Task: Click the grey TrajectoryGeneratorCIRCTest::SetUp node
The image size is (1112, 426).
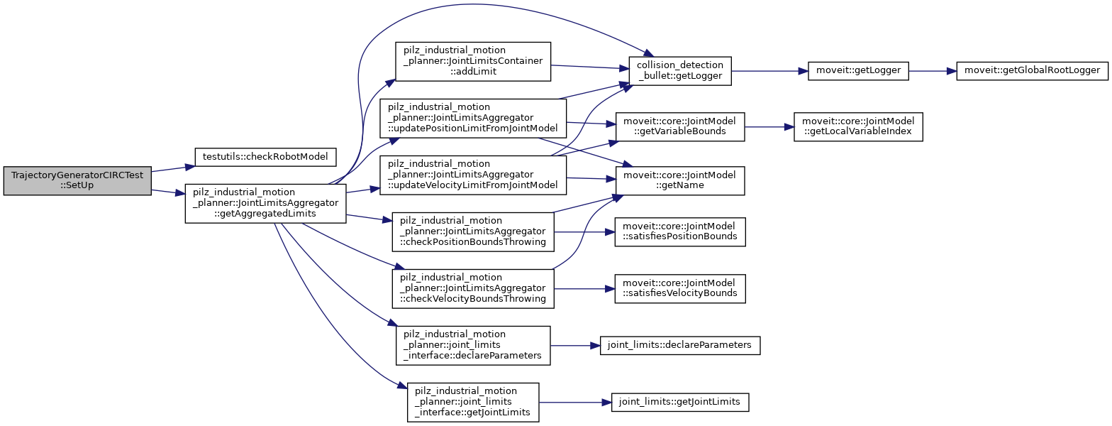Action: click(x=77, y=182)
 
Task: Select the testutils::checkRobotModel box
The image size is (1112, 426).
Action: click(x=265, y=157)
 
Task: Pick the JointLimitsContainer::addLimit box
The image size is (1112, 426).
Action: click(x=473, y=65)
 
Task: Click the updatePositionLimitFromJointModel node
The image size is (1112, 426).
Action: click(x=473, y=119)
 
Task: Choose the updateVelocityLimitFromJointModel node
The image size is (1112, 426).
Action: click(x=473, y=176)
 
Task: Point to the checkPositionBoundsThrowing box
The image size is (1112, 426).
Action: click(x=473, y=231)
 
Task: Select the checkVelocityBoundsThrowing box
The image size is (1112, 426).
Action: click(x=473, y=288)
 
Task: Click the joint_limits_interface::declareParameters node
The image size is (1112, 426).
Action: click(x=473, y=345)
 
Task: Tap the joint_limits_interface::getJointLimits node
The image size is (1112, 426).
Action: click(x=473, y=402)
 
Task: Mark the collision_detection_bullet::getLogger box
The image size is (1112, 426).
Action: click(x=679, y=72)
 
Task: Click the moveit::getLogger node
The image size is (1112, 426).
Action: click(x=858, y=72)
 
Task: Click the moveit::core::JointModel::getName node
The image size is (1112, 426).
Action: click(x=679, y=181)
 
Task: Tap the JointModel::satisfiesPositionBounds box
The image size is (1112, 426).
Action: click(x=679, y=232)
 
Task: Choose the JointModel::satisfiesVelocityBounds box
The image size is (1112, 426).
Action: click(x=679, y=289)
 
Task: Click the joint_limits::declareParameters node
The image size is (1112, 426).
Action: click(x=679, y=346)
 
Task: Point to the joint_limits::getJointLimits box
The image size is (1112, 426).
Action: click(x=679, y=402)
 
